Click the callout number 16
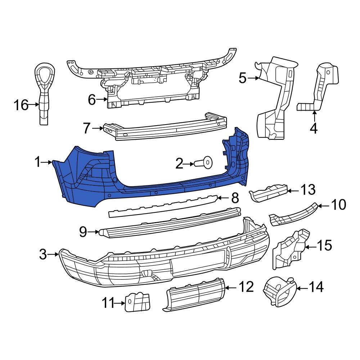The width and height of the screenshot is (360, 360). click(x=21, y=105)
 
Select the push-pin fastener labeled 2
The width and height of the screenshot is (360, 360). click(x=204, y=163)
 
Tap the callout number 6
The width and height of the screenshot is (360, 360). click(x=92, y=99)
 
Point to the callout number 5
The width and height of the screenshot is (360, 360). click(x=242, y=78)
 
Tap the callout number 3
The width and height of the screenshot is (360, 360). click(x=43, y=255)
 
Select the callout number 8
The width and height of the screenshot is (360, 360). click(x=235, y=197)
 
